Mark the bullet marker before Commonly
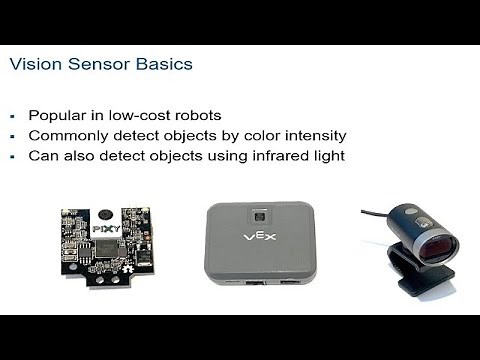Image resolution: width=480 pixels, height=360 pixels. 13,136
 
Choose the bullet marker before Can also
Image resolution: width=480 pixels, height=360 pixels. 13,155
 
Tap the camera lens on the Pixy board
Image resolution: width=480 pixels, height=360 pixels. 104,214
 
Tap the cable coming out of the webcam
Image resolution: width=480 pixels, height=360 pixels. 372,213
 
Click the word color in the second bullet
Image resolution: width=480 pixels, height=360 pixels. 230,135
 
